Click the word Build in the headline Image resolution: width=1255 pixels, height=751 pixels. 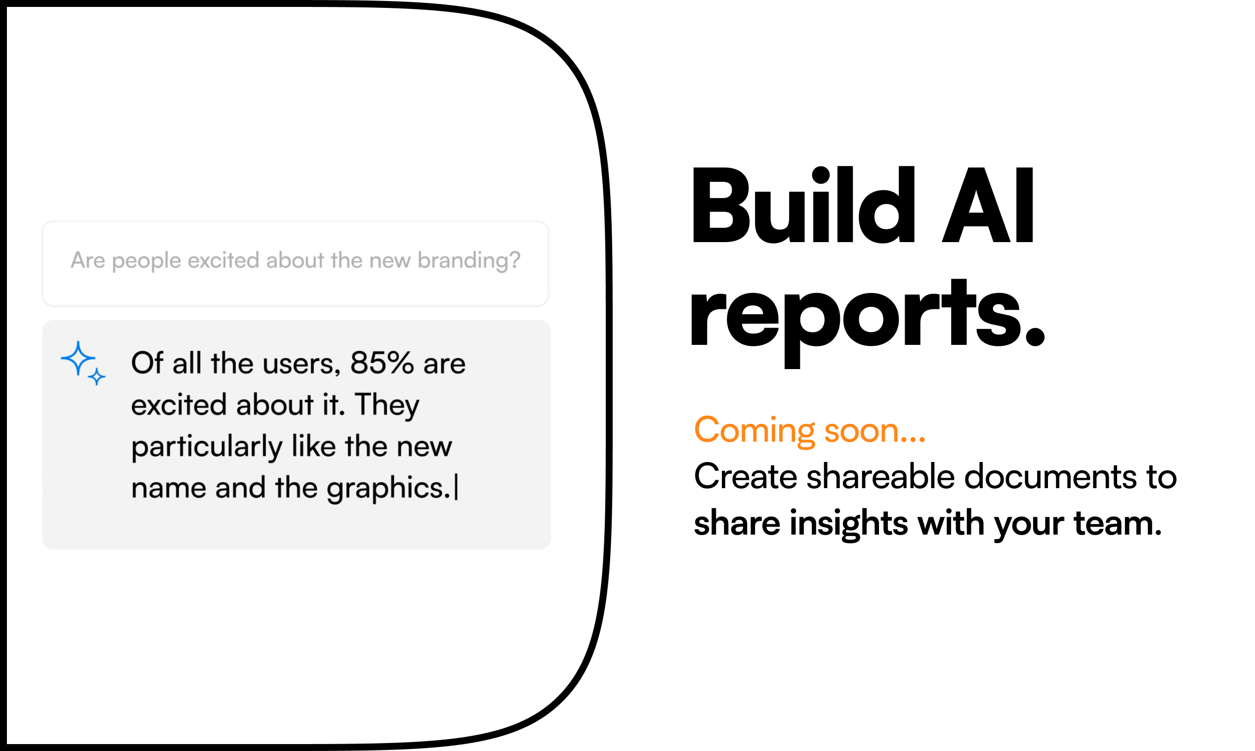click(x=803, y=205)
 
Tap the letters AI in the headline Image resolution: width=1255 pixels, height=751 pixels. click(x=988, y=205)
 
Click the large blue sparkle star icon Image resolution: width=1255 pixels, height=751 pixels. click(x=78, y=358)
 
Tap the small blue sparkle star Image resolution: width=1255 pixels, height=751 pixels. click(x=97, y=377)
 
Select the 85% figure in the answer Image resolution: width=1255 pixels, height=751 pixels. click(x=382, y=363)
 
